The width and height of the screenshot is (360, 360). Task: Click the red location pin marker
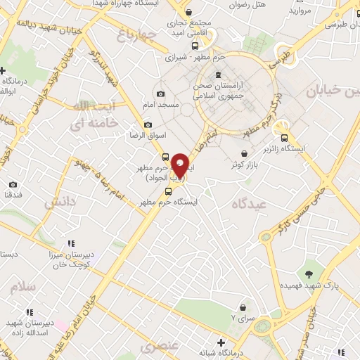180,165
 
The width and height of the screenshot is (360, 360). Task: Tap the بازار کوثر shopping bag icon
244,153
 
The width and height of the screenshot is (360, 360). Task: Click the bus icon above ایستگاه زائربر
284,138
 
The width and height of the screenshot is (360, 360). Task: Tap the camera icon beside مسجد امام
161,94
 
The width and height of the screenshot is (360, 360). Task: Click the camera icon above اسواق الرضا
148,125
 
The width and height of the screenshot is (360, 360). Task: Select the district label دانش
60,202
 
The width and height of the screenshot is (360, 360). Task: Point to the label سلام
22,287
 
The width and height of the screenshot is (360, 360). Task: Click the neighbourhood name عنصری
155,347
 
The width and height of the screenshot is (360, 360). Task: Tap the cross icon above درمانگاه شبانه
221,342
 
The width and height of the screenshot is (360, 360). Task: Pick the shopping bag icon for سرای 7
243,307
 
